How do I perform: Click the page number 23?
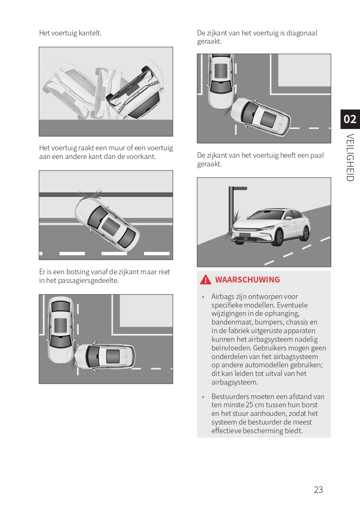(x=318, y=490)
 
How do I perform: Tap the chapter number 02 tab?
(x=350, y=119)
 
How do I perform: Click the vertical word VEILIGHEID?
(x=350, y=157)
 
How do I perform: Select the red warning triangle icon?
(x=206, y=280)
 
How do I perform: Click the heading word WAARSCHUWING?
(x=247, y=280)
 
